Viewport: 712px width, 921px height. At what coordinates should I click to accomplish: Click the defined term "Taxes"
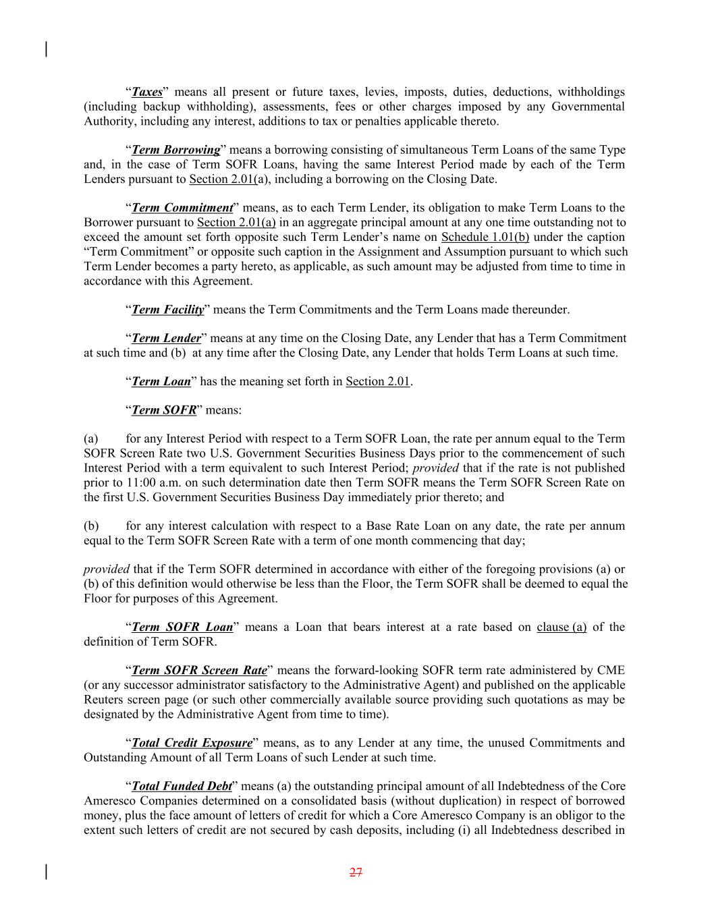[147, 92]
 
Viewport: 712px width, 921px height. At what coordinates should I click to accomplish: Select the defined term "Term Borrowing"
[175, 150]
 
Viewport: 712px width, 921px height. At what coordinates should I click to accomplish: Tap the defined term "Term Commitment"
[182, 208]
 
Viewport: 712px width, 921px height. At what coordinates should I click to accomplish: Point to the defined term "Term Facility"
[167, 310]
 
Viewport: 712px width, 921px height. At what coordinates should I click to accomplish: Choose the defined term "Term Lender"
[166, 338]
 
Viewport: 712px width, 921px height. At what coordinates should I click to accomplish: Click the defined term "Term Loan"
[161, 381]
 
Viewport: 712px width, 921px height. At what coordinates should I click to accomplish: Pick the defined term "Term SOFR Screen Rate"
[199, 670]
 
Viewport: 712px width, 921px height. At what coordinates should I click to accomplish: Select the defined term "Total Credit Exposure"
[192, 743]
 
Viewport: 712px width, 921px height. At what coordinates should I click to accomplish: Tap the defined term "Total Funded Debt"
[181, 786]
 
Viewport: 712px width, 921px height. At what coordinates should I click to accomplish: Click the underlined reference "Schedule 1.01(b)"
[485, 237]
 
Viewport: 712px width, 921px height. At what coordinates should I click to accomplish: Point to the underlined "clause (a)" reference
[562, 627]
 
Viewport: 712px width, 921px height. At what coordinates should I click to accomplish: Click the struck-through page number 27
[356, 872]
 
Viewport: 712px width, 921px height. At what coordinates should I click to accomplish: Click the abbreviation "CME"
[611, 670]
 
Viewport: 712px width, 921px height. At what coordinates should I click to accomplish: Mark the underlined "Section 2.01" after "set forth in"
[378, 381]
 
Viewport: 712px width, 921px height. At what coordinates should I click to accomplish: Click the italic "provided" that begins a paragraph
[106, 569]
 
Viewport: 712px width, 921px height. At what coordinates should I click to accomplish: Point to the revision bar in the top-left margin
[46, 49]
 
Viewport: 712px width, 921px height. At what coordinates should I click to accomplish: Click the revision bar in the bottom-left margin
[46, 872]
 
